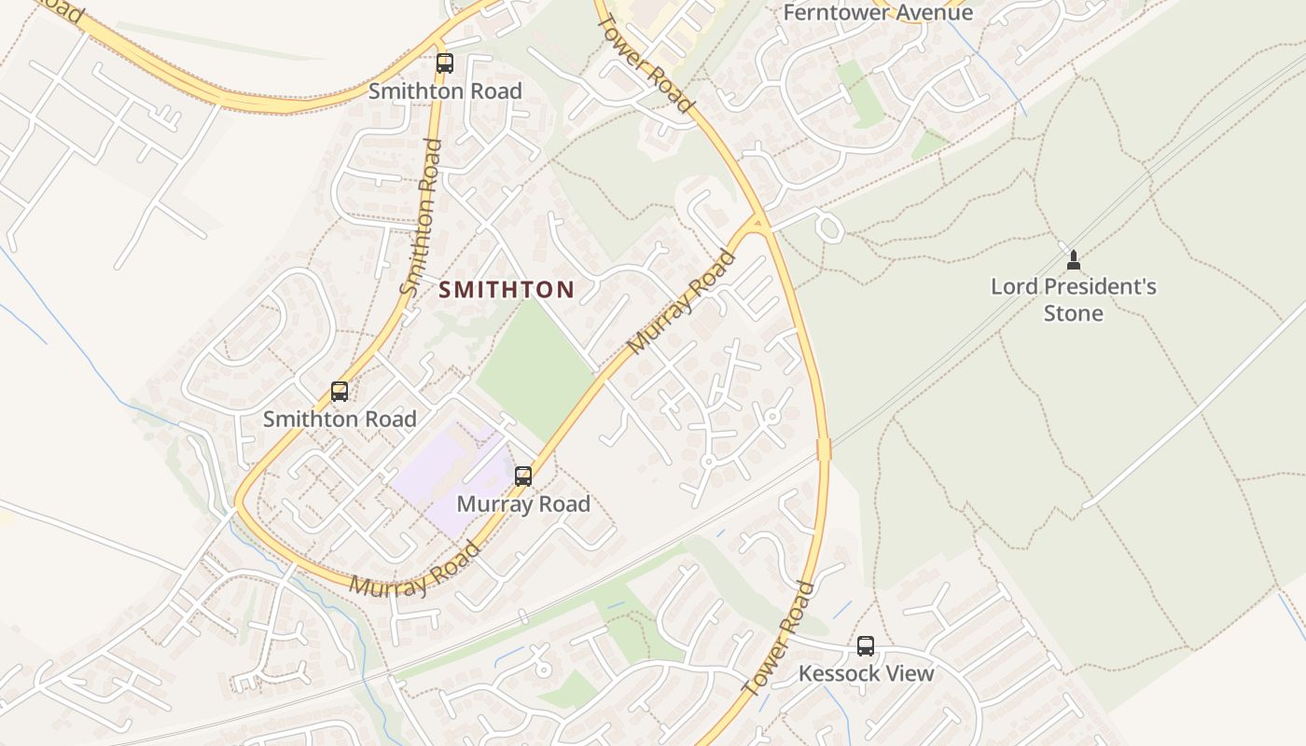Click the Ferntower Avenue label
pos(878,13)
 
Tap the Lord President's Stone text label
pos(1073,299)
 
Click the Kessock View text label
pos(866,673)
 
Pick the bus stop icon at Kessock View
pos(866,645)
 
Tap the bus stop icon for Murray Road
pos(523,477)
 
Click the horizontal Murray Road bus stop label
pos(523,504)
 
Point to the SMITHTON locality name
pos(507,290)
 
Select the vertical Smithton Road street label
pos(421,217)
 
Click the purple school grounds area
pos(448,476)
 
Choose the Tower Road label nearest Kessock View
pos(778,639)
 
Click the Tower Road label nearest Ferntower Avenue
pos(646,63)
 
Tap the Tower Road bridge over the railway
pos(824,449)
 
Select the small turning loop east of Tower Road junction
pos(827,227)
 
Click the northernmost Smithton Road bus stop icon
pos(445,63)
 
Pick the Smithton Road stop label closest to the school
pos(340,420)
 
